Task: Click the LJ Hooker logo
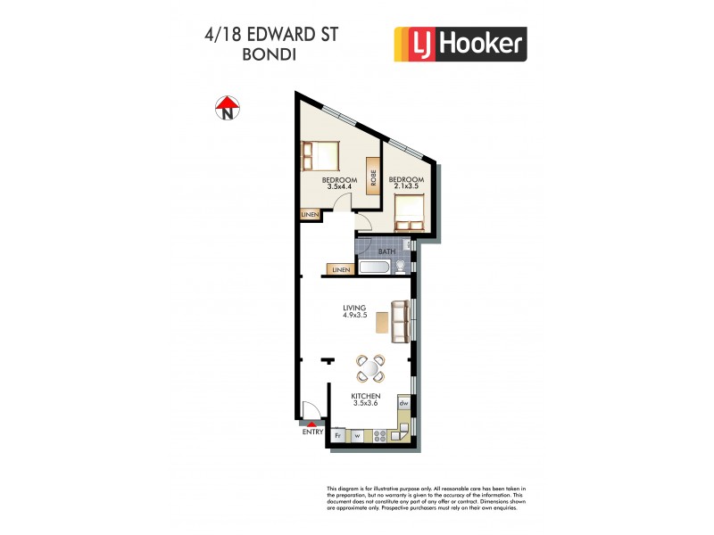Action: [x=460, y=44]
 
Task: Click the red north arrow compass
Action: [x=228, y=108]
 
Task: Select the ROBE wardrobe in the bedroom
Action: [x=372, y=177]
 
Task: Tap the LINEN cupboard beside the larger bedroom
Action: [x=310, y=215]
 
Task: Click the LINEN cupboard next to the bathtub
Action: [x=340, y=269]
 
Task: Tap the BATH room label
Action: [x=386, y=251]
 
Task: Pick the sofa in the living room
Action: [x=401, y=320]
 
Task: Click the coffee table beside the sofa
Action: [x=382, y=321]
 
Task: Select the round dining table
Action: [x=370, y=368]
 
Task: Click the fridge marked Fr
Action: [x=339, y=436]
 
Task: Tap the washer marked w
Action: [x=356, y=436]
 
